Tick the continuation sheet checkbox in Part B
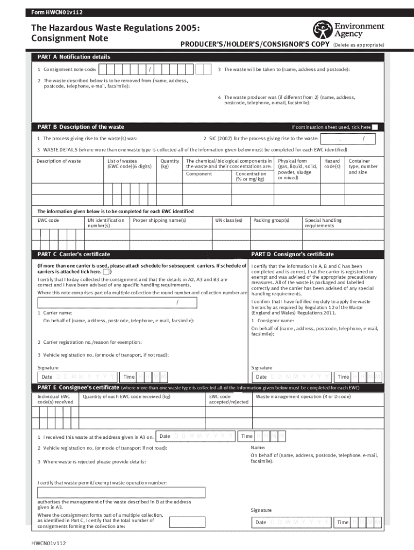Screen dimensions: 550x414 (x=375, y=127)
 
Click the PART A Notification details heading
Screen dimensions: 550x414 (x=74, y=57)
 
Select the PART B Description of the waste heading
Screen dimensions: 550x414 (x=81, y=127)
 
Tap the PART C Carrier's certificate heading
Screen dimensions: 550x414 (x=74, y=254)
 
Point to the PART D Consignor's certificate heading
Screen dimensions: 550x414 (x=292, y=254)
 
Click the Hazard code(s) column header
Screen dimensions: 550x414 (x=332, y=164)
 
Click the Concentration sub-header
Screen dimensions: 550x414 (x=251, y=176)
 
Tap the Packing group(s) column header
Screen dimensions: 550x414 (x=272, y=220)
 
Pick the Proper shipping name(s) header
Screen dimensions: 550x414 (x=160, y=220)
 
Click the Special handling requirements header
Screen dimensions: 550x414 (x=323, y=223)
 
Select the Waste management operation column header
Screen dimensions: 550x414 (x=303, y=396)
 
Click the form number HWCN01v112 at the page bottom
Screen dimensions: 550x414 (x=49, y=544)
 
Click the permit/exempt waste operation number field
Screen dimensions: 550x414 (x=121, y=493)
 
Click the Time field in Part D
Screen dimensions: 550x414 (x=358, y=377)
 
